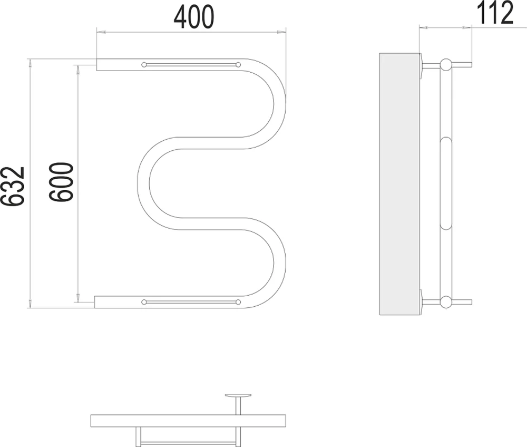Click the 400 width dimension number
[x=193, y=16]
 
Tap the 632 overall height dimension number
[x=13, y=186]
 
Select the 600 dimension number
[x=61, y=182]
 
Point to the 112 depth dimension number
[x=495, y=13]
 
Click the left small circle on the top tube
[x=144, y=64]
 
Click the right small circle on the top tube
[x=238, y=64]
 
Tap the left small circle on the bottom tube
[x=144, y=302]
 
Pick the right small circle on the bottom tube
[x=238, y=302]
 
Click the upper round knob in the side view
[x=446, y=64]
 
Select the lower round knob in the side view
[x=446, y=302]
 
